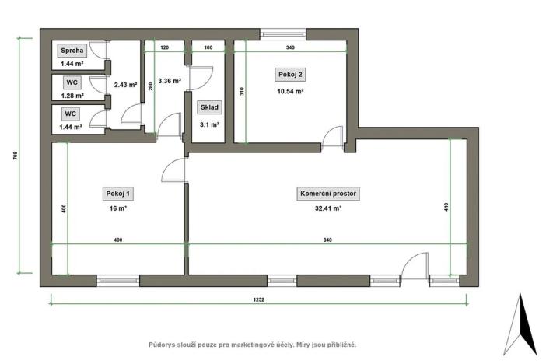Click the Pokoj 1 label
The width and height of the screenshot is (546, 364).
click(x=117, y=194)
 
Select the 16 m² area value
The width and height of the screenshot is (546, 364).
click(x=117, y=208)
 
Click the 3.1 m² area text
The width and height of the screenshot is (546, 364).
click(x=209, y=124)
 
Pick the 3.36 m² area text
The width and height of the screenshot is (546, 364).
click(x=169, y=80)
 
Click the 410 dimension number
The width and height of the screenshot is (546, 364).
click(x=446, y=208)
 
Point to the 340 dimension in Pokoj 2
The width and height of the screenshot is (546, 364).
click(x=289, y=47)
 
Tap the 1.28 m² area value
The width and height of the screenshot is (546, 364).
click(x=72, y=96)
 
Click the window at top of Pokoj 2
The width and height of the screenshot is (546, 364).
click(x=283, y=33)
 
